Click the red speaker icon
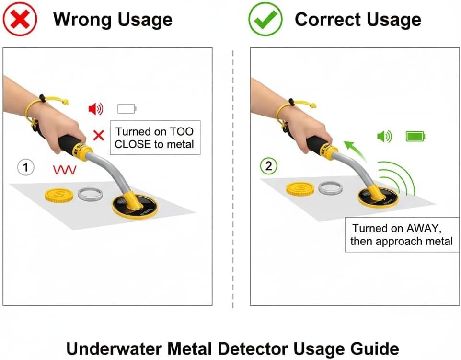95,109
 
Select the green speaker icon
384,137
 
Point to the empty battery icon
127,109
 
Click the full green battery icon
415,137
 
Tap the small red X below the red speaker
98,135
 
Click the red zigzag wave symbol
64,169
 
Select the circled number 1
26,167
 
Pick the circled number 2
268,166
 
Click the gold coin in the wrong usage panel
58,195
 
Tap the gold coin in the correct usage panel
300,189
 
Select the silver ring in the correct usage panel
330,188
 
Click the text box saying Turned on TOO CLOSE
155,138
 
